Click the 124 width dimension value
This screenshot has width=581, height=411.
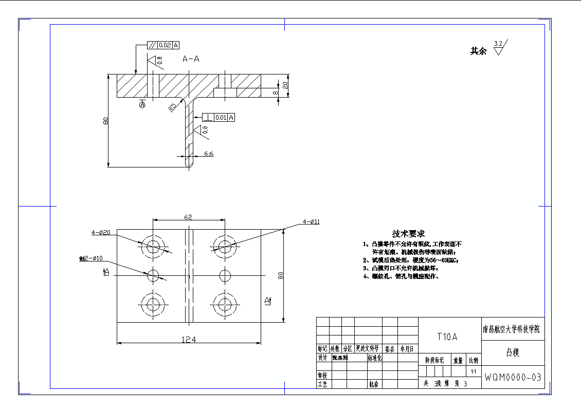[189, 339]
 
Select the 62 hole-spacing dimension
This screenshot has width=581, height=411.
[188, 217]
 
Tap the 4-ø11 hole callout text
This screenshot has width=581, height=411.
[311, 222]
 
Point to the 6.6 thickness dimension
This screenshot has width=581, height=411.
[209, 154]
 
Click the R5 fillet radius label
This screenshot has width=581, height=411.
[172, 107]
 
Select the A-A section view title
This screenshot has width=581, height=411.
[191, 59]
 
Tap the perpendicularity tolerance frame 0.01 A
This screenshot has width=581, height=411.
[219, 118]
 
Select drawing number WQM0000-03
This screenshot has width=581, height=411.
[512, 378]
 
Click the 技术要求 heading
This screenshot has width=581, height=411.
[409, 234]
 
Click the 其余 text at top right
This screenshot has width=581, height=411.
[478, 51]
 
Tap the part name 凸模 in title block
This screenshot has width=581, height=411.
[512, 353]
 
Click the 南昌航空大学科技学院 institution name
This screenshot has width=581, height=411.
[512, 329]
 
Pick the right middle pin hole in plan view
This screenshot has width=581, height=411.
[224, 275]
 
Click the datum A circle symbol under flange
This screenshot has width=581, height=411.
[142, 105]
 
